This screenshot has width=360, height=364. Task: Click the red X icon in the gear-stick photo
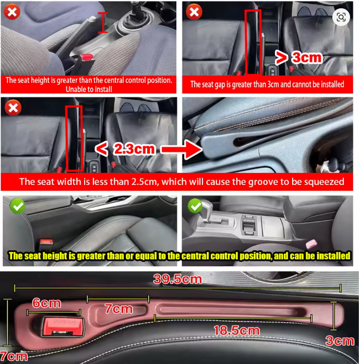[x=12, y=12]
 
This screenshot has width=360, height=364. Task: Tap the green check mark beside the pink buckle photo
[x=195, y=206]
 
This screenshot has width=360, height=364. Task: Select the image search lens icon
[x=341, y=17]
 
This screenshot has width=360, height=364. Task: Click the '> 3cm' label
[x=298, y=57]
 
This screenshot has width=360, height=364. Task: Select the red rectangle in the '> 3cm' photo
[x=254, y=42]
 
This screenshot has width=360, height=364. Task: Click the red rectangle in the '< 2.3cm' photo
[x=74, y=138]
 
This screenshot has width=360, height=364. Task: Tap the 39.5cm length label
[x=178, y=279]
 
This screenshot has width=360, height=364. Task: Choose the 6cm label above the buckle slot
[x=46, y=303]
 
